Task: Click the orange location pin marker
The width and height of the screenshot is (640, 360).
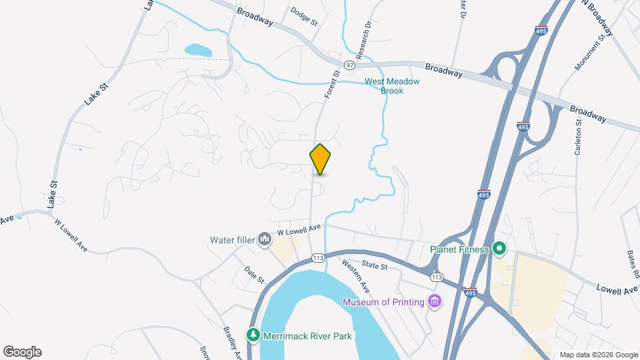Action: click(320, 159)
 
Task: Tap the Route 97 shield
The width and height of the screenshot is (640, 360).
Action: click(349, 65)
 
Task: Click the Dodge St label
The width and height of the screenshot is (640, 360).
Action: click(305, 15)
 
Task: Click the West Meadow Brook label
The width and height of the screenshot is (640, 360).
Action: click(392, 86)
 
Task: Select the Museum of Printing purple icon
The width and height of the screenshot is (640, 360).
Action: click(435, 302)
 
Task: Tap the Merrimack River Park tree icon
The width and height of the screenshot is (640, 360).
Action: click(253, 336)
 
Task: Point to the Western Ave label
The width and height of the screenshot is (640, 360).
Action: click(355, 275)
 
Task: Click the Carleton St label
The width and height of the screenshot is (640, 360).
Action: click(579, 137)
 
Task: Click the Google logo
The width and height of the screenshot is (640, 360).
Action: click(22, 352)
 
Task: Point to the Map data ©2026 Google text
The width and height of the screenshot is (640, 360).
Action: click(599, 355)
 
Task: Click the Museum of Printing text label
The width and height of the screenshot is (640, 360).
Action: click(383, 302)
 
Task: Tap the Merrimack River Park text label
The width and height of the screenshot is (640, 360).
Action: click(307, 336)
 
